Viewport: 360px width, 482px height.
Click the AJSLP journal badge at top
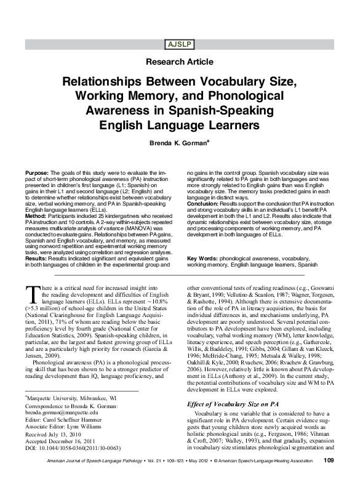180,44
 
